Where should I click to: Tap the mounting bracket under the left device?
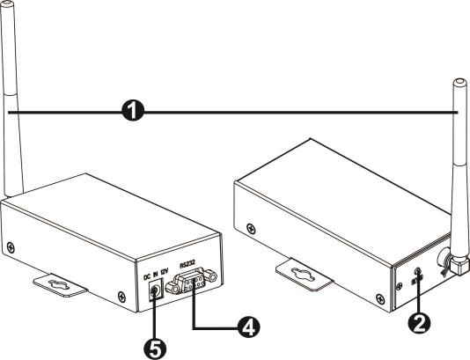coord(61,283)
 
